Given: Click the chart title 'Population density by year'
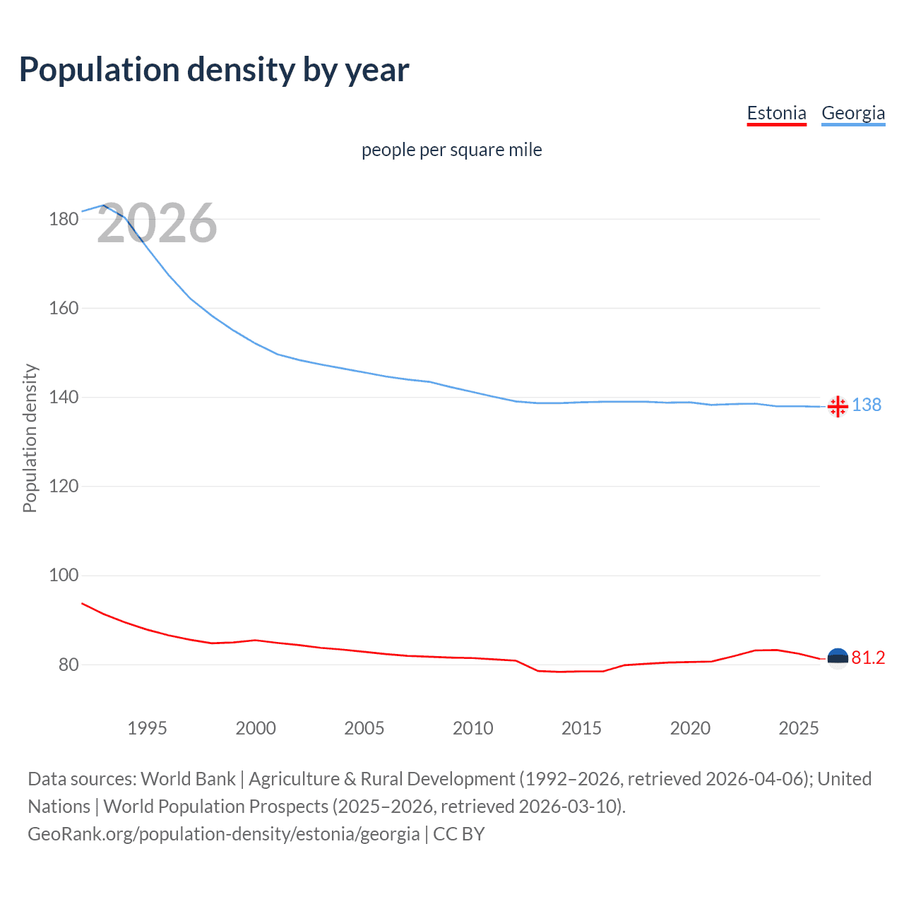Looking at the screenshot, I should click(x=214, y=70).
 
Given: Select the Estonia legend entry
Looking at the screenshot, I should click(x=776, y=113).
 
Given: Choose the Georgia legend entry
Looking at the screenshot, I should click(x=852, y=113).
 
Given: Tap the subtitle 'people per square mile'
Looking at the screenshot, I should click(x=451, y=150).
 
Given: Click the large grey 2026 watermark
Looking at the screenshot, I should click(x=157, y=223).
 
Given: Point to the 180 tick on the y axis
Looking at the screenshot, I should click(x=63, y=219).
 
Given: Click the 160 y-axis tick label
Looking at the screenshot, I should click(x=63, y=308).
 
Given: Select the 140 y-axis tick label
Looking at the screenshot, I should click(x=63, y=398).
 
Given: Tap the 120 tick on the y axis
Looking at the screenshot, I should click(x=63, y=487).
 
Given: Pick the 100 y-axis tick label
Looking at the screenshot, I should click(x=63, y=576).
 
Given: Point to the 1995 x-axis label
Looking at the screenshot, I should click(x=147, y=728).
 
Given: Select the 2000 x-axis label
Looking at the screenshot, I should click(x=256, y=728).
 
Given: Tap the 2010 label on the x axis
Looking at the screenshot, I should click(x=472, y=728).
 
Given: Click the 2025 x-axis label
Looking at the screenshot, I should click(x=798, y=728).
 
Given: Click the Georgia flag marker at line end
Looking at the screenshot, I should click(x=838, y=406).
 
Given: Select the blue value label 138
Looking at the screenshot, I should click(x=867, y=405).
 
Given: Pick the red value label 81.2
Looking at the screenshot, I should click(x=868, y=658).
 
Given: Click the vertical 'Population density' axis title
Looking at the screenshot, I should click(x=30, y=438).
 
